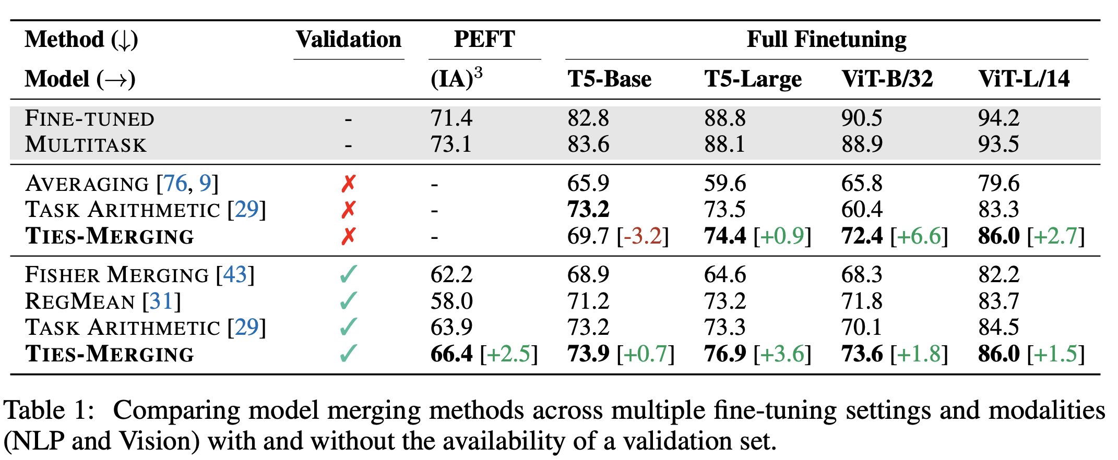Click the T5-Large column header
click(753, 79)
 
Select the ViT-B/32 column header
click(887, 79)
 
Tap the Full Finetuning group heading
click(826, 40)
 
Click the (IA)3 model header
click(456, 78)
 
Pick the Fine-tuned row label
click(89, 118)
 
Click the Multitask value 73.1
click(450, 144)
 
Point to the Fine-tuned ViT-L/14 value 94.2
click(998, 118)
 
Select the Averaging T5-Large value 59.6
click(724, 184)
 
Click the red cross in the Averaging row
click(348, 184)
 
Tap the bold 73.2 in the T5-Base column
click(588, 210)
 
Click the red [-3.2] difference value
click(643, 236)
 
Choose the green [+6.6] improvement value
click(919, 236)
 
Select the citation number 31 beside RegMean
click(161, 301)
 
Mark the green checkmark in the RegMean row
click(348, 301)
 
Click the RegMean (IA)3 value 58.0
click(451, 301)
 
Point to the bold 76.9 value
click(724, 354)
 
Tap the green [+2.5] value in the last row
click(508, 354)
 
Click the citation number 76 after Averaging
click(175, 184)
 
